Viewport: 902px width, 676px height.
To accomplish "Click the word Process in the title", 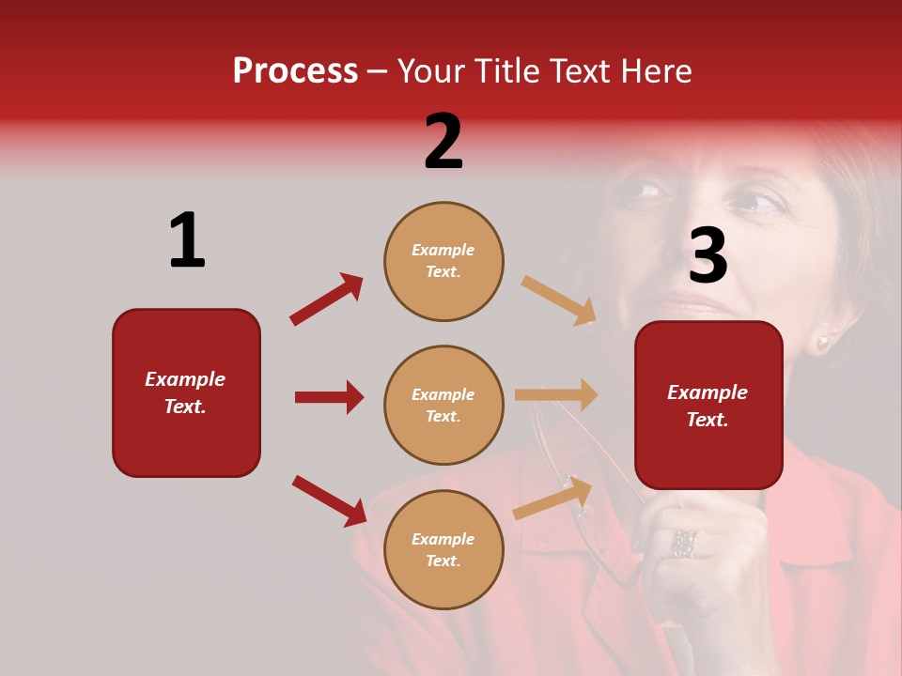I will tap(295, 71).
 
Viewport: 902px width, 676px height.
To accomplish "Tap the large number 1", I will tap(187, 240).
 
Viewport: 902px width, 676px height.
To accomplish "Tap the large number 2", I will tap(443, 142).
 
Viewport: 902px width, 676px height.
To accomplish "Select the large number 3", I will tap(708, 255).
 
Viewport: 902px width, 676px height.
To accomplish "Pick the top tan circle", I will tap(443, 261).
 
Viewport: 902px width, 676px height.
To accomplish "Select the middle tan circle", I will tap(443, 405).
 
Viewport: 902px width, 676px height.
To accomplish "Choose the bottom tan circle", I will tap(443, 549).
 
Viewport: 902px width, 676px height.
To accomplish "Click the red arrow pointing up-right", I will tap(326, 300).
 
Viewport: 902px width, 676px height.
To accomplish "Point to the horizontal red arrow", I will tap(329, 397).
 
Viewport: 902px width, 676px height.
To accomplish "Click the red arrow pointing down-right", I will tap(329, 500).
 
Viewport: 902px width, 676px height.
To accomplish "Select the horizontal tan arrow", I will tap(556, 395).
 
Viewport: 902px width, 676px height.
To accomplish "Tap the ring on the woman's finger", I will tap(684, 543).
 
